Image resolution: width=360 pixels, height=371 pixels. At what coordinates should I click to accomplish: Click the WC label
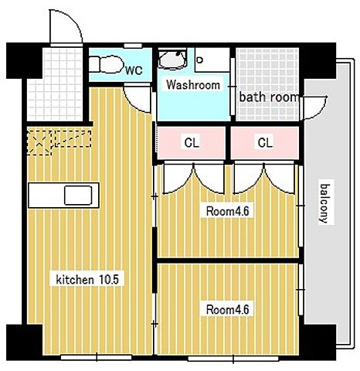(134, 70)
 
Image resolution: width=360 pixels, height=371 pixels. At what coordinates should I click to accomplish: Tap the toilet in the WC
(107, 64)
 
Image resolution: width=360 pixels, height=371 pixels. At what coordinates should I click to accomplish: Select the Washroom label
(193, 85)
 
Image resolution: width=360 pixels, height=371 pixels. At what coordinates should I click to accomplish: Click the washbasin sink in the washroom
(172, 60)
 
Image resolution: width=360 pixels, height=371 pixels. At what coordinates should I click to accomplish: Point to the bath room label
(269, 97)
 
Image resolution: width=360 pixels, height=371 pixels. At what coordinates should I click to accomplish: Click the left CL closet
(192, 143)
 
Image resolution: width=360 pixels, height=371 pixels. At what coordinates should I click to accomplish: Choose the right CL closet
(265, 143)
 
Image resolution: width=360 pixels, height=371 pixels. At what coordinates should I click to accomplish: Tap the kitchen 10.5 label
(87, 279)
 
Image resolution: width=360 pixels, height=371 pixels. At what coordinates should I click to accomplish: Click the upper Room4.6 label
(228, 211)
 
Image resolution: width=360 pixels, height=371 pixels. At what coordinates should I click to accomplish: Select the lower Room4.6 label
(228, 309)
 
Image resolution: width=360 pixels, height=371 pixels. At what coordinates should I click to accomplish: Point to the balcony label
(325, 203)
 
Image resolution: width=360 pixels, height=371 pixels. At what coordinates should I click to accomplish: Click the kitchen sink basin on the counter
(78, 196)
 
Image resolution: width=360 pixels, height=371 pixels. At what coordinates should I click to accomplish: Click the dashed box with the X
(39, 143)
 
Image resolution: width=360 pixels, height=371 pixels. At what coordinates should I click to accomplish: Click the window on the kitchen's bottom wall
(97, 357)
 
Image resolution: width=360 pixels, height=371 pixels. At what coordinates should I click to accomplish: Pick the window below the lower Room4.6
(233, 358)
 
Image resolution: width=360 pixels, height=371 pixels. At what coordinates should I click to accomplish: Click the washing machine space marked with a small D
(212, 60)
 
